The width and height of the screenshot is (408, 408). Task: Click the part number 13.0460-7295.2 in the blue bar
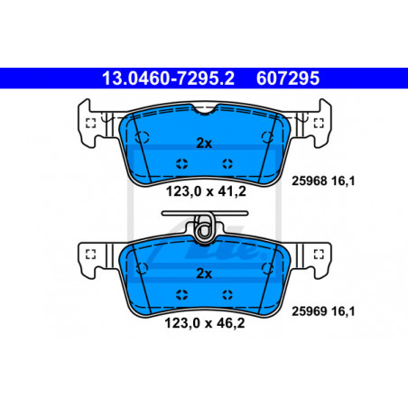[x=168, y=79]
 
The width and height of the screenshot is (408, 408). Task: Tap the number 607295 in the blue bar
[x=288, y=79]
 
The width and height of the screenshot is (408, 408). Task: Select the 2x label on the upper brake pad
[x=204, y=144]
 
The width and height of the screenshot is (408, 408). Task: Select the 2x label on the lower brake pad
[x=204, y=274]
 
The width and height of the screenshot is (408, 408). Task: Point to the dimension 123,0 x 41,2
[x=206, y=191]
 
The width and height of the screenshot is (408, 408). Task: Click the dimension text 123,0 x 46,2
[x=205, y=323]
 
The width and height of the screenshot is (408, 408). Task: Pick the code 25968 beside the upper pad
[x=309, y=181]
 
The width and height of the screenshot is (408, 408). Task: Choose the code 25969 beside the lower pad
[x=309, y=311]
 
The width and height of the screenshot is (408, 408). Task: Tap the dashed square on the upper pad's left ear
[x=90, y=123]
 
